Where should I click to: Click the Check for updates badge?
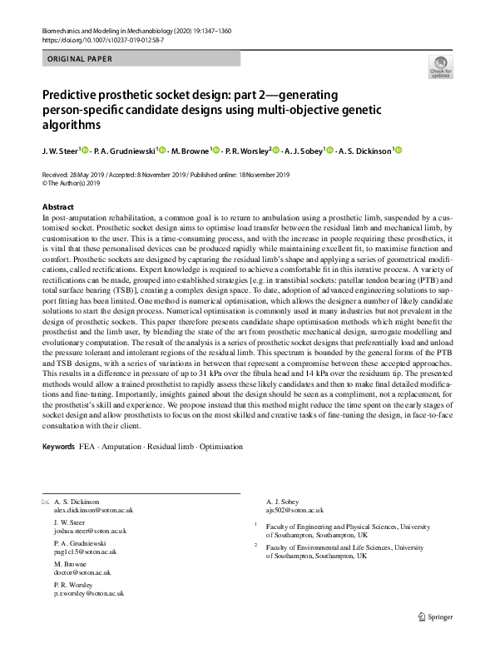[440, 67]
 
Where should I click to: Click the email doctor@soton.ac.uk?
[81, 573]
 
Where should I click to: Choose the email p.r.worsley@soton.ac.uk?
[88, 593]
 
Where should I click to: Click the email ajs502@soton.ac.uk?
[295, 510]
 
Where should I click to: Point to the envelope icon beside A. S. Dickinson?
[43, 502]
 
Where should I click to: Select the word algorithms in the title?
[71, 125]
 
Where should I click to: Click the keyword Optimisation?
[220, 447]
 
